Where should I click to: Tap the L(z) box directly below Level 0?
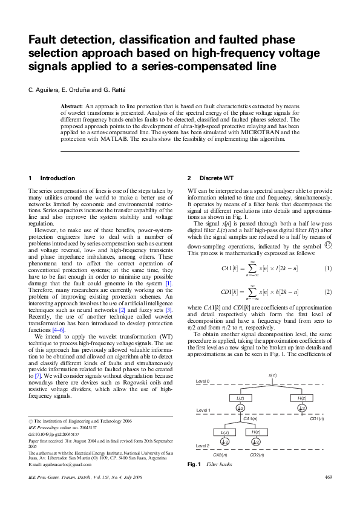(x=240, y=398)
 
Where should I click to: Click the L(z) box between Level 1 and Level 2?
(x=225, y=432)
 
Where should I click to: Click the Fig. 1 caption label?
(x=194, y=464)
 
